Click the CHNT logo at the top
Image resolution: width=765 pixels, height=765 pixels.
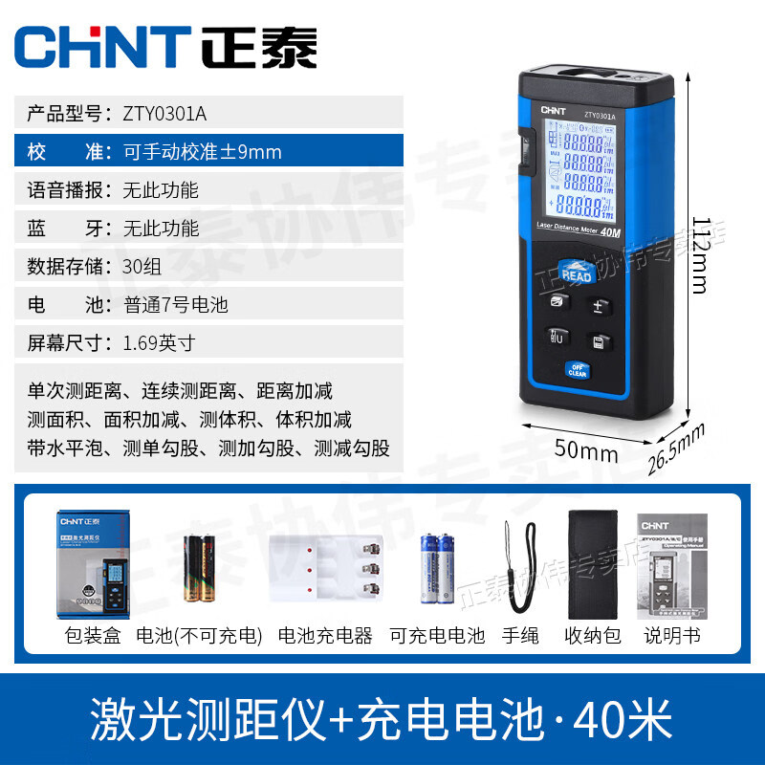[168, 47]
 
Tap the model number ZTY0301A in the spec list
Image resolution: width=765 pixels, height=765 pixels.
[164, 114]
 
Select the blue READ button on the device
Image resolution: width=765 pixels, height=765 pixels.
[577, 273]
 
